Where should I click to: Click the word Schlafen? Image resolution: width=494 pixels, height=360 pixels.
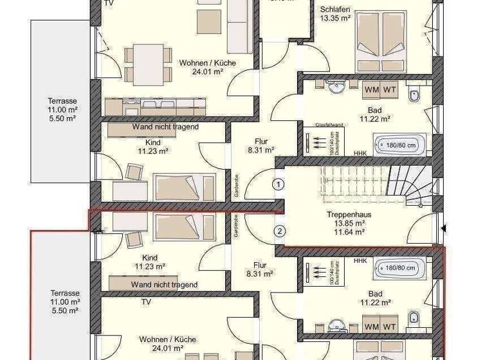(x=334, y=8)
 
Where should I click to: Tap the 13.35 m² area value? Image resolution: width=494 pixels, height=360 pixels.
(x=334, y=18)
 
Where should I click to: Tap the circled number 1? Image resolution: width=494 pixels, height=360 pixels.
(x=278, y=184)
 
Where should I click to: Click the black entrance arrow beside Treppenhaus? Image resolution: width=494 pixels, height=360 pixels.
(x=443, y=228)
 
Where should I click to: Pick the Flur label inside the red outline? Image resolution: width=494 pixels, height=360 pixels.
(x=261, y=264)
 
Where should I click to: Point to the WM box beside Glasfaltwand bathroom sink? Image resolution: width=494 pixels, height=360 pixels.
(x=371, y=89)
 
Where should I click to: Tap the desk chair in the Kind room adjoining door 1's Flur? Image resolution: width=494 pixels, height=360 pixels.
(x=134, y=172)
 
